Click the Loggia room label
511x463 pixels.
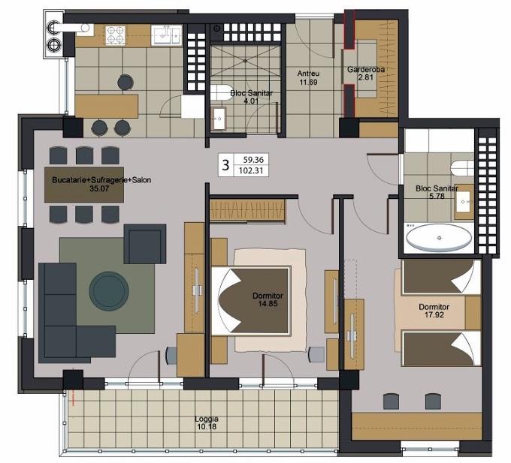click(x=207, y=419)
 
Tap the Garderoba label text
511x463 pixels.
click(x=366, y=69)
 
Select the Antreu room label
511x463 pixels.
click(x=308, y=74)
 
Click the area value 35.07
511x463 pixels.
click(x=99, y=188)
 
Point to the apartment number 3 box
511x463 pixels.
click(x=225, y=165)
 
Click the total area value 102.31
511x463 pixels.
click(x=251, y=170)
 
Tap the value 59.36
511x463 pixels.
click(x=253, y=160)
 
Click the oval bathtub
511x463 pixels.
click(x=439, y=238)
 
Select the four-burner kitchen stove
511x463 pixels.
click(x=116, y=35)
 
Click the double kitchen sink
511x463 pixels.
click(x=167, y=35)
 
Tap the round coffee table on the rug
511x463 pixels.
click(x=109, y=291)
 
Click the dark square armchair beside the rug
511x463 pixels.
click(x=145, y=244)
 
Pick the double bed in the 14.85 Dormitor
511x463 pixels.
click(x=251, y=301)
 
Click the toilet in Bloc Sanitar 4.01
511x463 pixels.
click(x=219, y=93)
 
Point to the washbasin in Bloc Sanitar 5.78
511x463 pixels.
click(x=464, y=201)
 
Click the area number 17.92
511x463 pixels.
click(x=434, y=314)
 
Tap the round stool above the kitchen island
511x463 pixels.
click(x=125, y=82)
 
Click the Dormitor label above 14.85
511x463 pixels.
click(x=268, y=296)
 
